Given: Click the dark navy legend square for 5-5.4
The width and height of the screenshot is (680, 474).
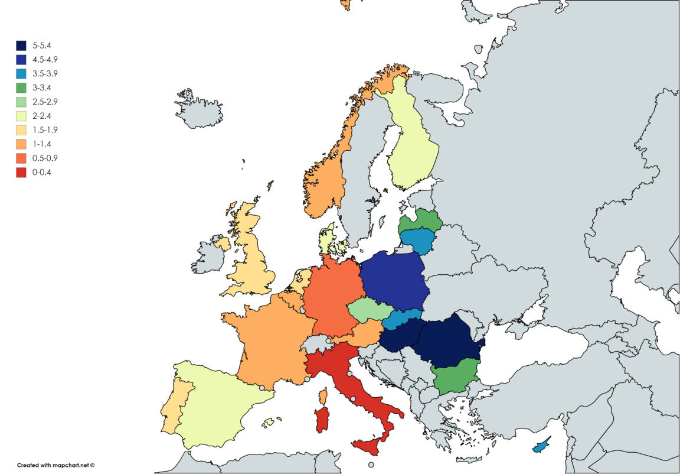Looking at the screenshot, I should pos(21,45).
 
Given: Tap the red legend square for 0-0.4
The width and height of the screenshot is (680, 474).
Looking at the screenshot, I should pos(21,173).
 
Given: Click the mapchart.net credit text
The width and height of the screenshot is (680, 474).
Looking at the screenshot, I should pos(56,465).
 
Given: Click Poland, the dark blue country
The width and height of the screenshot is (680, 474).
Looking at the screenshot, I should pos(393,281).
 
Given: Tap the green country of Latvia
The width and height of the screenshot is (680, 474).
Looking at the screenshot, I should pos(420,222).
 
